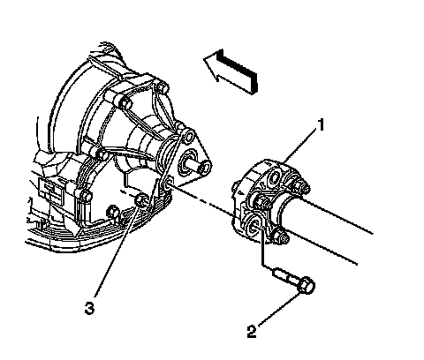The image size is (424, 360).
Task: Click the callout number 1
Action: click(x=321, y=124)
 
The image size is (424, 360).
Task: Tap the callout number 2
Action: click(x=252, y=332)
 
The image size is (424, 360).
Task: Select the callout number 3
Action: click(x=89, y=309)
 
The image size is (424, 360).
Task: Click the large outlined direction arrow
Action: click(x=231, y=71)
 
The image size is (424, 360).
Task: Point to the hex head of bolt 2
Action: click(x=307, y=285)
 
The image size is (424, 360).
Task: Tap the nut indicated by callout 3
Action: click(x=140, y=201)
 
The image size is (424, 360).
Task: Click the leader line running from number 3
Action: click(x=117, y=251)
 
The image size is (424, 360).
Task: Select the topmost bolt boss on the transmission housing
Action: click(x=162, y=86)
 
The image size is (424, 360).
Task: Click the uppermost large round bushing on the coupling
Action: click(x=275, y=177)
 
